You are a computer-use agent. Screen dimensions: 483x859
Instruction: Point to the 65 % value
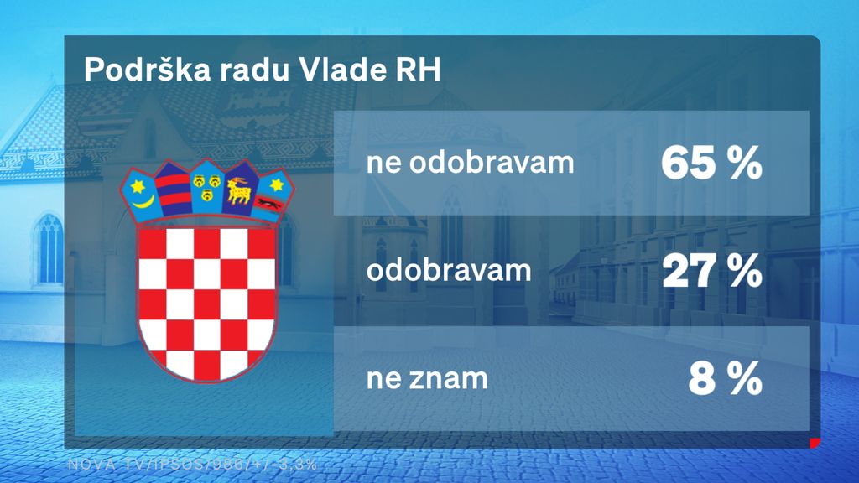(x=711, y=164)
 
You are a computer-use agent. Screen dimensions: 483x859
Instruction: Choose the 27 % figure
(x=711, y=272)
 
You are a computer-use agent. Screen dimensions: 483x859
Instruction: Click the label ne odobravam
(x=471, y=164)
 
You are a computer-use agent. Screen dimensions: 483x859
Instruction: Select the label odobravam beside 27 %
(x=449, y=272)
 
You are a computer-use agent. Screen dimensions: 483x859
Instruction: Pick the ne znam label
(x=427, y=379)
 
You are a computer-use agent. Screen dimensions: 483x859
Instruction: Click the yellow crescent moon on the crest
(x=143, y=201)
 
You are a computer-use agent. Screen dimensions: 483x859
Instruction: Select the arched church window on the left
(x=49, y=248)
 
